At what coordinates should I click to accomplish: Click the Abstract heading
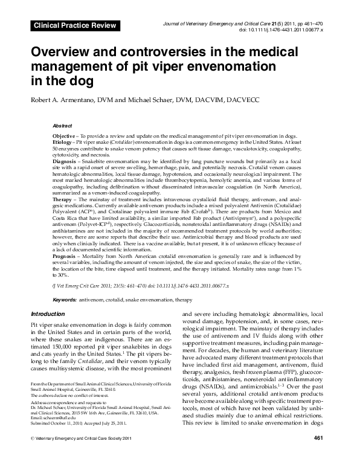pyautogui.click(x=63, y=125)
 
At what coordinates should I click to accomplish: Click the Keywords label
pyautogui.click(x=64, y=300)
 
